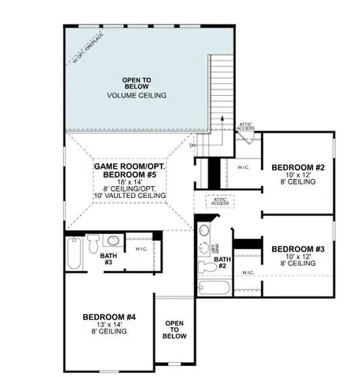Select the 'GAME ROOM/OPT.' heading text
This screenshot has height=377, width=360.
128,167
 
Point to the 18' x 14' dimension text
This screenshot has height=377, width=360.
128,181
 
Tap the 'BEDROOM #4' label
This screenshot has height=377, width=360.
109,317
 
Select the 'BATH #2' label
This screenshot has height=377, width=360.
222,262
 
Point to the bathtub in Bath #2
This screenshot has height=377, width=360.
214,288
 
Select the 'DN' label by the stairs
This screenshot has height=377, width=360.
193,145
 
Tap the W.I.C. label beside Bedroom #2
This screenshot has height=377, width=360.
243,167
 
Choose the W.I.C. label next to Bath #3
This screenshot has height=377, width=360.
141,249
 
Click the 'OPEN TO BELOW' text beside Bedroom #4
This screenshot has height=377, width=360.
174,329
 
